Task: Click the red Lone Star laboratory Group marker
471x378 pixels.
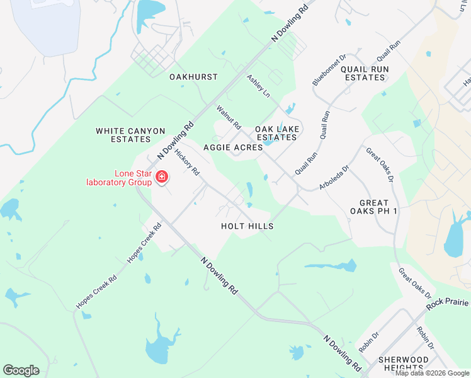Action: tap(162, 177)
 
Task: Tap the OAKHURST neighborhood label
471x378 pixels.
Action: tap(193, 77)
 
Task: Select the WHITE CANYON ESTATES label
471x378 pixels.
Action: tap(130, 135)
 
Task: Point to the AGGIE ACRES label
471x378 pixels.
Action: tap(233, 147)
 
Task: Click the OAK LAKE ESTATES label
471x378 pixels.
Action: tap(276, 133)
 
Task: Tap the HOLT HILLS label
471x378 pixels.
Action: tap(247, 226)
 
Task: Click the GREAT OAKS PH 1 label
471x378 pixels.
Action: tap(378, 207)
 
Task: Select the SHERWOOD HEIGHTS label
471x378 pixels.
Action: tap(403, 364)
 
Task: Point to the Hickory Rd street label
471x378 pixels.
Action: tap(187, 162)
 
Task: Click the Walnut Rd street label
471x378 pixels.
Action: tap(229, 118)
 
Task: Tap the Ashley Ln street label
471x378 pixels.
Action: tap(258, 86)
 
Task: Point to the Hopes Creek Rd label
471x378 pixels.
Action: tap(96, 292)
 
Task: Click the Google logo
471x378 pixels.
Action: tap(21, 370)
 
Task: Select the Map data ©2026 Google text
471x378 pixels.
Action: tap(432, 373)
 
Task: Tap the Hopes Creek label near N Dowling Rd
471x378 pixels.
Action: tap(140, 243)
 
